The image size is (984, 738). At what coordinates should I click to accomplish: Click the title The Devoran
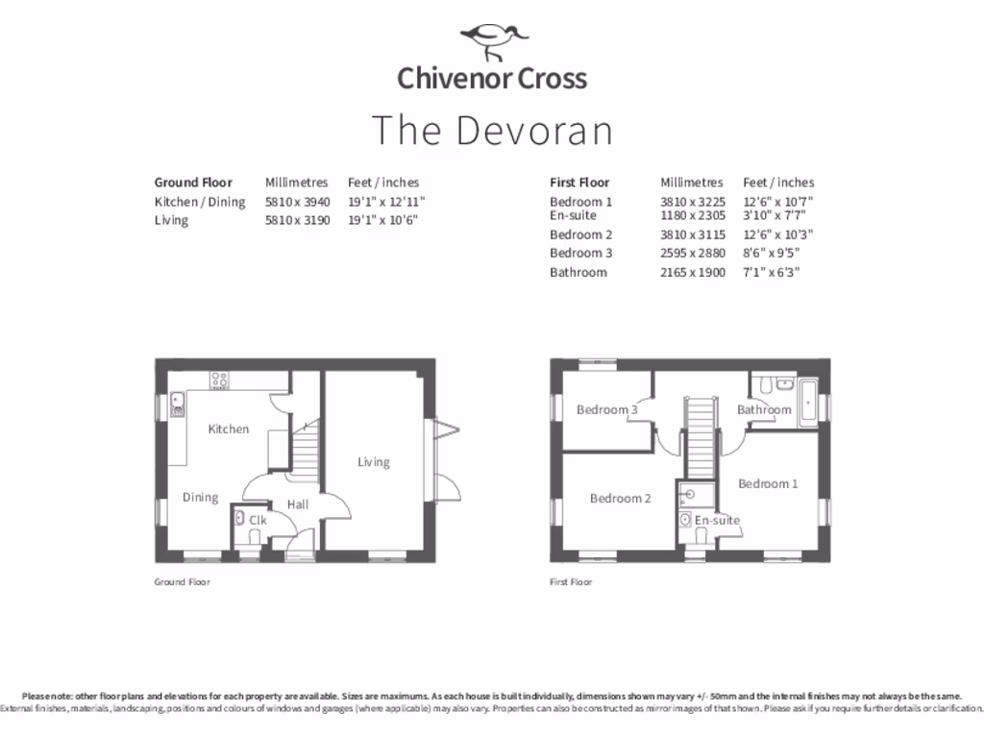492,131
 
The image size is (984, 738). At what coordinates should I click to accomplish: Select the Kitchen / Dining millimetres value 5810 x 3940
297,202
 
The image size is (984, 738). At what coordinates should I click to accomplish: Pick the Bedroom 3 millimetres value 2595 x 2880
692,253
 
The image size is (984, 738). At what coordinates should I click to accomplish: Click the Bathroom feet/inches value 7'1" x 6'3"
772,272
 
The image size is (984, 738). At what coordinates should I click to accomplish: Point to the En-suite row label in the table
573,215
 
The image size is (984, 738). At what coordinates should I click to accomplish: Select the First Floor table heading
579,183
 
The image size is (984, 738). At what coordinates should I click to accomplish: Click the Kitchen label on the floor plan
229,429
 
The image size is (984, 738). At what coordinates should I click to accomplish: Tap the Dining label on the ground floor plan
200,497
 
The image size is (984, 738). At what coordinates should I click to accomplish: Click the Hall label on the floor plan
297,504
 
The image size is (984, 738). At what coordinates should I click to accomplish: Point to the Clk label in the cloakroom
257,520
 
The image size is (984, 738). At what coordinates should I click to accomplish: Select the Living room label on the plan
374,462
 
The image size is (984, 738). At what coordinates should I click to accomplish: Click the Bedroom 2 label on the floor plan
620,498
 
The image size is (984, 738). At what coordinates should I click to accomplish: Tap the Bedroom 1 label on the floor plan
768,483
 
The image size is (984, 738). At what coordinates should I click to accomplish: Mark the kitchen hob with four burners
220,380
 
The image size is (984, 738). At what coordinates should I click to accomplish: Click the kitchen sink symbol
178,405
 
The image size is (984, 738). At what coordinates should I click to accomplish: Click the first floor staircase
701,436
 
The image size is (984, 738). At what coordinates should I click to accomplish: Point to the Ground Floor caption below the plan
182,582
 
